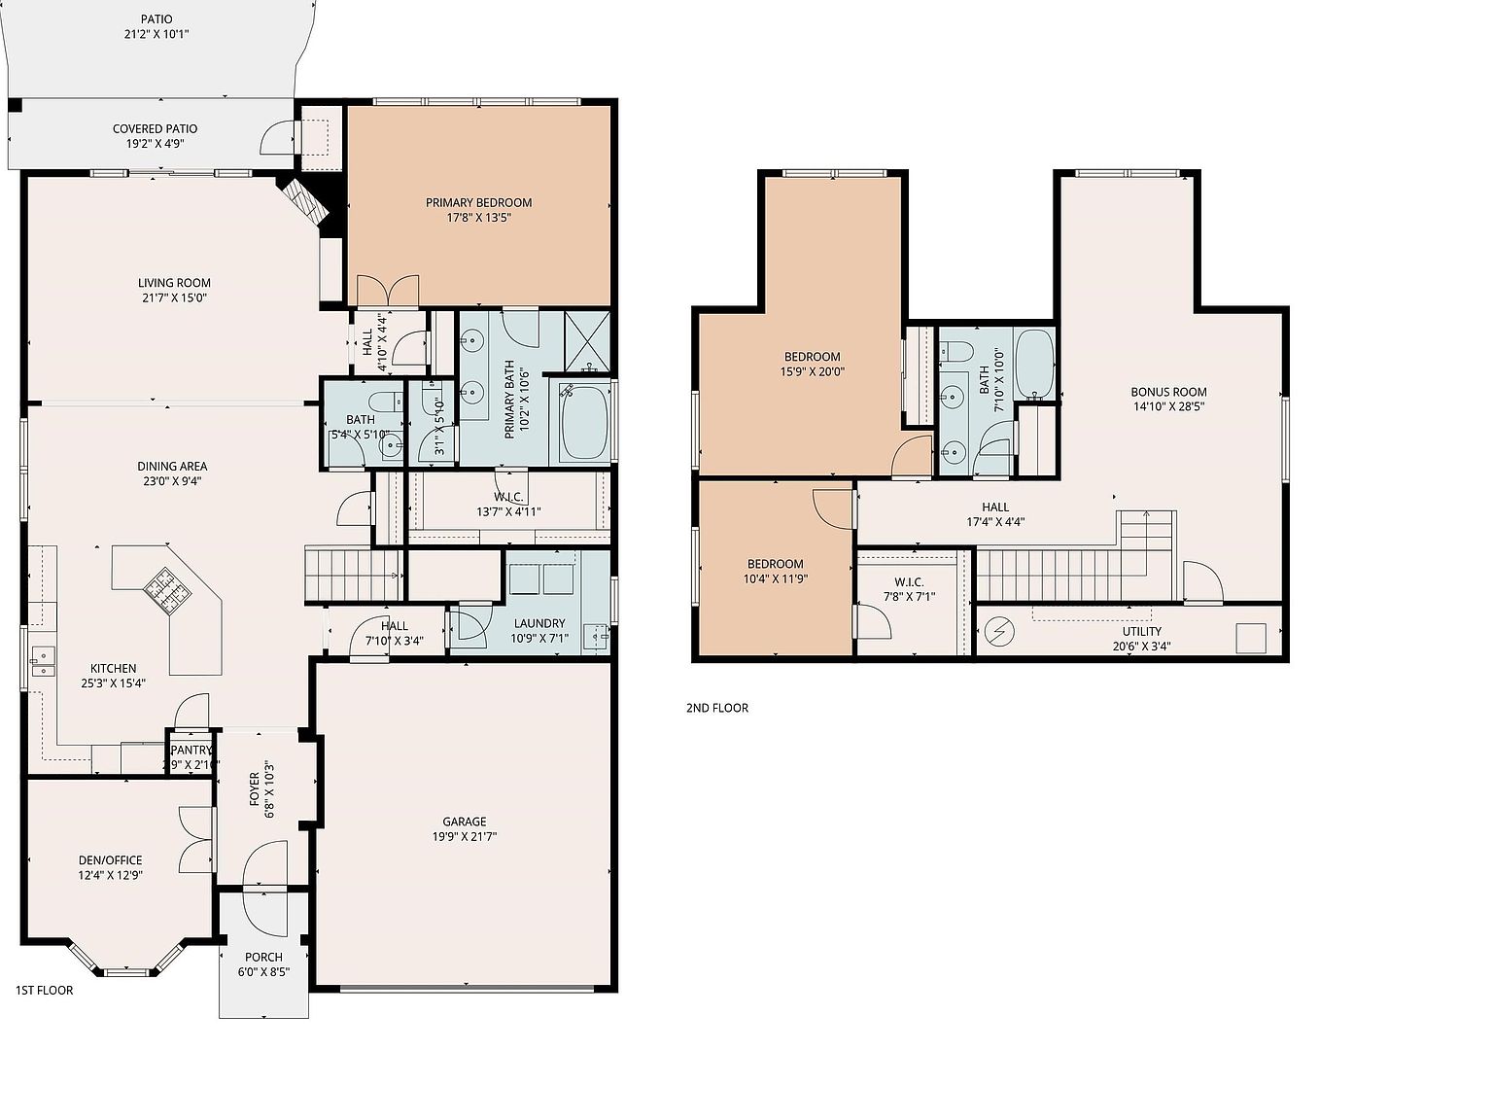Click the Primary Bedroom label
coord(478,202)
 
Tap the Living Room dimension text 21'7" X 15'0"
coord(174,298)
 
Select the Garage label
coord(465,822)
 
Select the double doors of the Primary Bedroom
coord(387,291)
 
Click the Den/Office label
coord(110,859)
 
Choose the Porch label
coord(263,957)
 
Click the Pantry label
coord(191,750)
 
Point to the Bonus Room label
coord(1168,392)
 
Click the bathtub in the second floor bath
coord(1033,364)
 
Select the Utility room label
coord(1141,631)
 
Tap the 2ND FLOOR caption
coord(716,708)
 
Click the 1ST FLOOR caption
coord(44,991)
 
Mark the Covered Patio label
coord(155,128)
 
